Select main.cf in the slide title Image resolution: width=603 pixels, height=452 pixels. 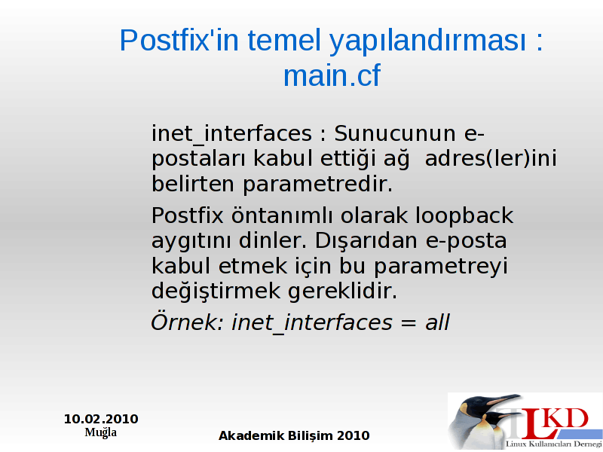[332, 76]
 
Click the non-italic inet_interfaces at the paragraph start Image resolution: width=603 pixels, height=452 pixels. [231, 134]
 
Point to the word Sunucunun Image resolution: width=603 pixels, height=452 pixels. [395, 134]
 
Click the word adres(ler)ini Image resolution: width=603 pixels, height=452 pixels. [491, 159]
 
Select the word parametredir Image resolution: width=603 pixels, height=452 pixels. [317, 185]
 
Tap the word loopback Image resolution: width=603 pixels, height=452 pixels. [464, 216]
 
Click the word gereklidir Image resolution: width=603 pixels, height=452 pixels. [342, 292]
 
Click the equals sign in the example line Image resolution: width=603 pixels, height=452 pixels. [408, 323]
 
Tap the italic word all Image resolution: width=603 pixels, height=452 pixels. [437, 322]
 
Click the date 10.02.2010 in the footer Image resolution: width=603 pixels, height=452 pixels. [101, 419]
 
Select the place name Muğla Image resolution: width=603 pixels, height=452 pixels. [101, 432]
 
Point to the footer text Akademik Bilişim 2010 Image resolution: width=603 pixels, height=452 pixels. [294, 435]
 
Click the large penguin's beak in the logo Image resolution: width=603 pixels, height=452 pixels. [503, 399]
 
